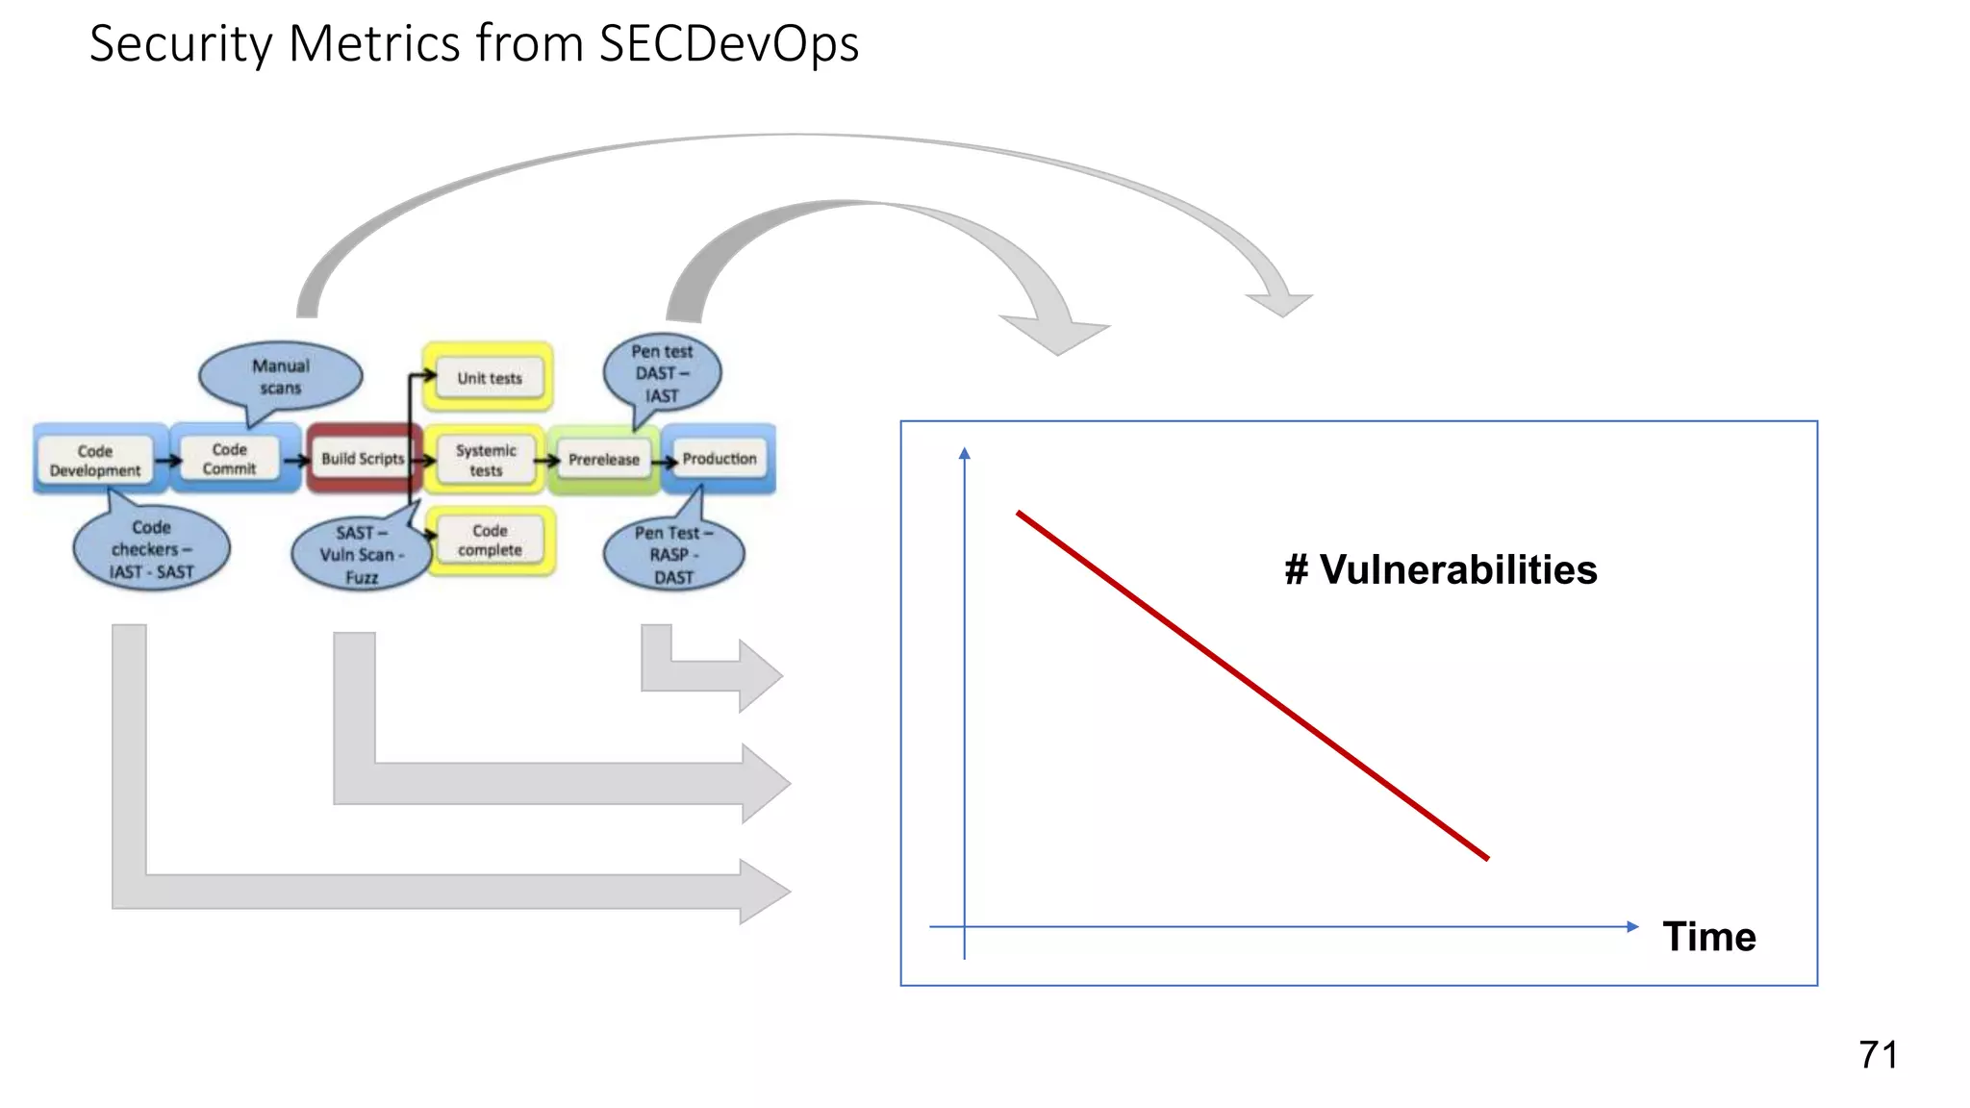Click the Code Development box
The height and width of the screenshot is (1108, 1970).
95,460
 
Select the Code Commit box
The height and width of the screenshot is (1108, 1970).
230,459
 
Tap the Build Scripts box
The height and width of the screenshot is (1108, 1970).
363,459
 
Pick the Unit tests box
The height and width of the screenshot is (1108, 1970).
489,378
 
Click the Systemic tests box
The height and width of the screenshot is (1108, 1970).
486,460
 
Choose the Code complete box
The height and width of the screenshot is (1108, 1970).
490,540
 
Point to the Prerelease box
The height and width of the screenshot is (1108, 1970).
603,460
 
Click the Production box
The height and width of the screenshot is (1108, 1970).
720,459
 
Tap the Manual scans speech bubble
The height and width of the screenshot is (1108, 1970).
280,376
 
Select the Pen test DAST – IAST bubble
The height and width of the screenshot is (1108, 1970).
662,373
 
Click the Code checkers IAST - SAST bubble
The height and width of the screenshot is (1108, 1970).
151,549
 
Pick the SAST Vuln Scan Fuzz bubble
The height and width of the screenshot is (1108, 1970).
361,555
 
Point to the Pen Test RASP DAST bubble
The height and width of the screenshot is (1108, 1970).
673,555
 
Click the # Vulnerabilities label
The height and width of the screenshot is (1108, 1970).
1440,569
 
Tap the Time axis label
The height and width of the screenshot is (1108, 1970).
1708,936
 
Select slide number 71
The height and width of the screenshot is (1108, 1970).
1878,1055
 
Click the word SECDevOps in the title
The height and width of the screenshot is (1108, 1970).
728,44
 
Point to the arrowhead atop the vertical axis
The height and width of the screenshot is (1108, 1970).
965,453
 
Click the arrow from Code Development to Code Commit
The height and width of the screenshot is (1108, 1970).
168,461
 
